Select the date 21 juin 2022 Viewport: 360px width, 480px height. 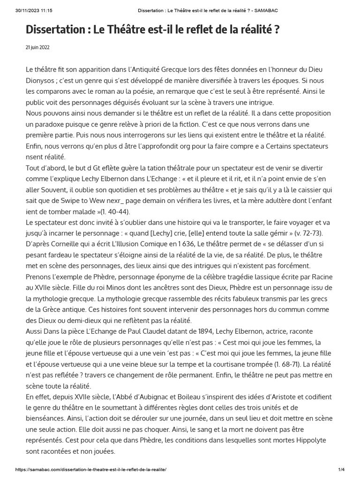37,47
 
